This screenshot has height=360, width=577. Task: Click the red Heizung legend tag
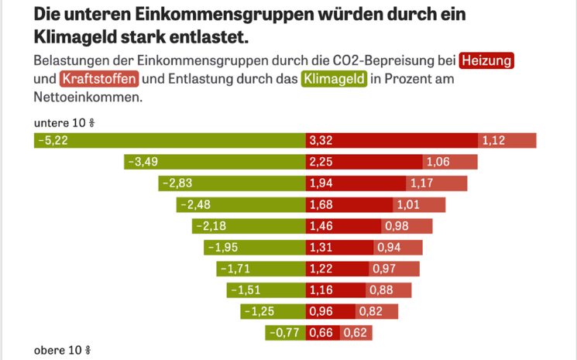click(x=486, y=60)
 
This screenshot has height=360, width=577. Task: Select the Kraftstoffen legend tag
click(x=98, y=79)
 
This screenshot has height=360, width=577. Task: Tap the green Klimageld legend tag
click(x=333, y=79)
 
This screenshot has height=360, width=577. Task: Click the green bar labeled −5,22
click(x=170, y=140)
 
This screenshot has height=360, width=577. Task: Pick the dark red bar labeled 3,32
click(x=392, y=140)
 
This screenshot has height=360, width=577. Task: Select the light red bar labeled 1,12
click(x=507, y=140)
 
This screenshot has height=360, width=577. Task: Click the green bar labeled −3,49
click(x=215, y=162)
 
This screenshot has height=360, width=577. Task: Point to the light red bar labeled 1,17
click(x=437, y=183)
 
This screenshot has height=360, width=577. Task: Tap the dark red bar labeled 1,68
click(x=349, y=205)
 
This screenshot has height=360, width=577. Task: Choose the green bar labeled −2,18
click(x=249, y=226)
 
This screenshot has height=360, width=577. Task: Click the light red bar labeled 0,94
click(x=398, y=248)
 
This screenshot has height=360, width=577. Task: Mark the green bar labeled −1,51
click(x=266, y=290)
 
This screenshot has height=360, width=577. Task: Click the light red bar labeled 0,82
click(x=376, y=311)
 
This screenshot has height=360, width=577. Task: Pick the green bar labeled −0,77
click(x=285, y=333)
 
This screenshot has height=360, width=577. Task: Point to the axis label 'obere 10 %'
click(x=63, y=350)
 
